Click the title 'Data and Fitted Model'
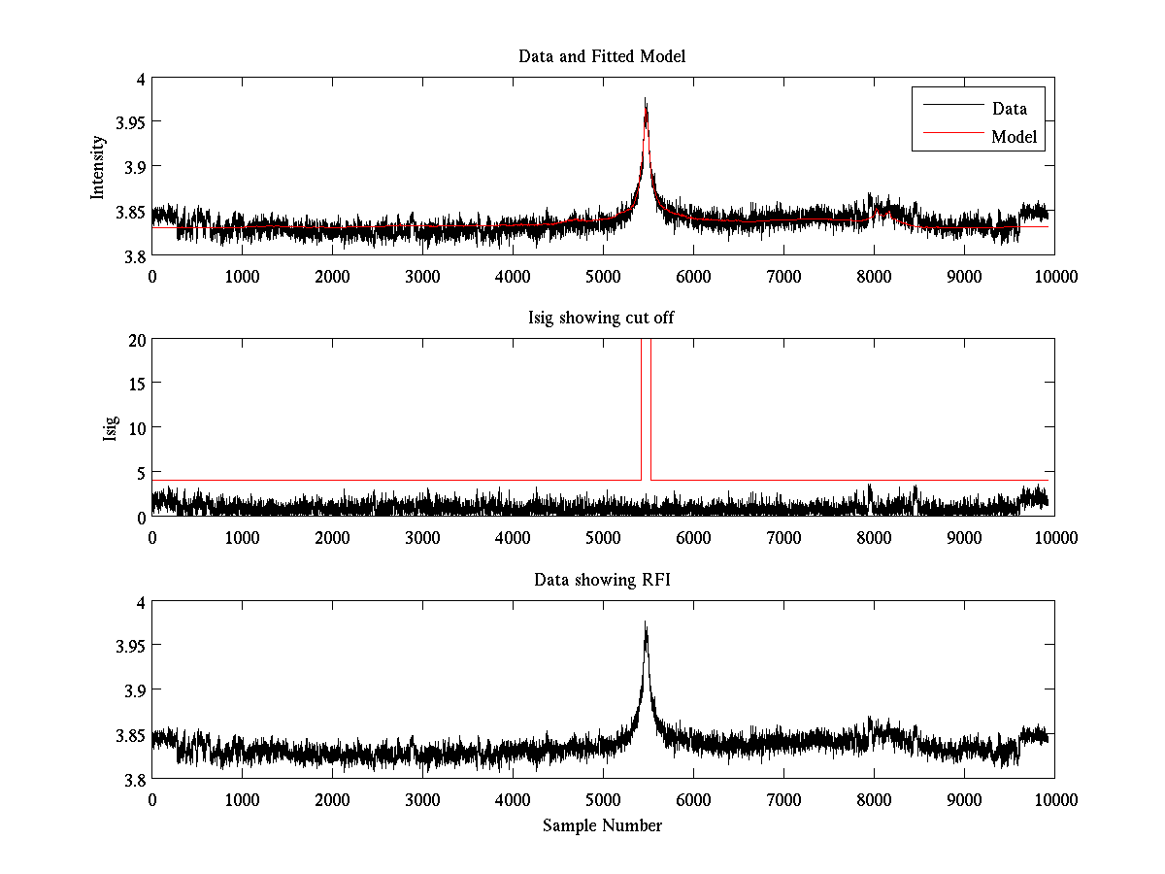(602, 56)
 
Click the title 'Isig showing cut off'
(602, 318)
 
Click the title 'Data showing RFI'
(602, 580)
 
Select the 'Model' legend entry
(1014, 137)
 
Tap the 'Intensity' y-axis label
(97, 167)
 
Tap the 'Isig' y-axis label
(111, 428)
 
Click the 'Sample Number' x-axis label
(602, 825)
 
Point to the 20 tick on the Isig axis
(134, 340)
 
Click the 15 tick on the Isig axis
(134, 384)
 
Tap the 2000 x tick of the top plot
(332, 276)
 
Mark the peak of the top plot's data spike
(645, 99)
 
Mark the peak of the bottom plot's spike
(645, 622)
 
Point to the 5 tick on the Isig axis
(138, 473)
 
